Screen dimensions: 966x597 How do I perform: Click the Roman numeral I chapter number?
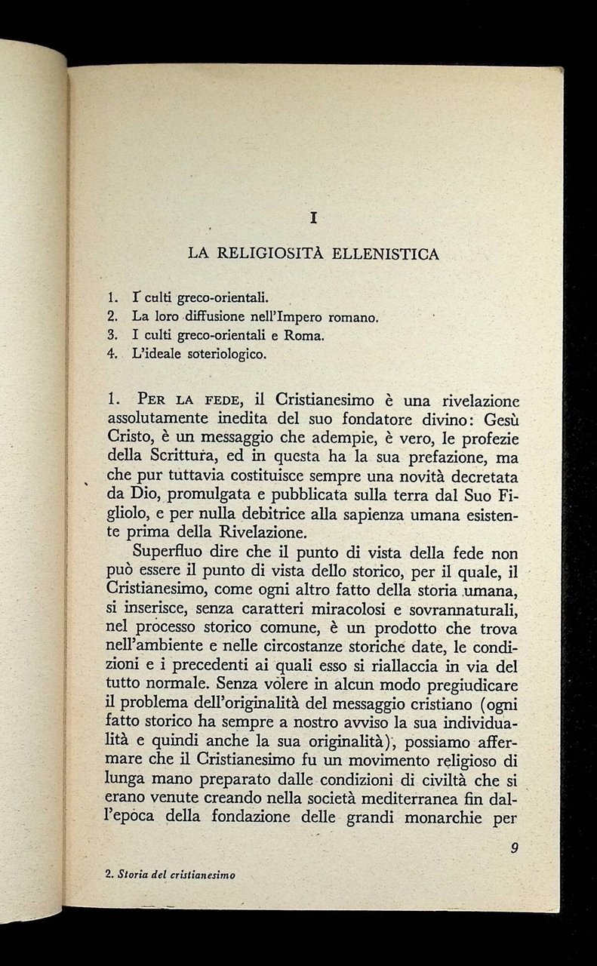pos(312,218)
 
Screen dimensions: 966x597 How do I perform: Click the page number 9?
pos(513,848)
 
